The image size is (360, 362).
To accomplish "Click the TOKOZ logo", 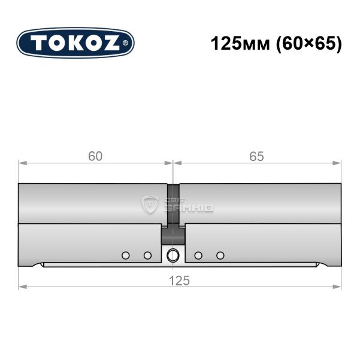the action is (75, 43).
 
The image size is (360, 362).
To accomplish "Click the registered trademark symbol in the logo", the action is (125, 43).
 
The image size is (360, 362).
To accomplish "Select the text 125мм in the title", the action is (240, 44).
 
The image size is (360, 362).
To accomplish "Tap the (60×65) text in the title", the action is (309, 44).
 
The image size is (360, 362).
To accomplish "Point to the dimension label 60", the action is (95, 156).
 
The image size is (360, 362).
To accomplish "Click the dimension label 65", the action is (256, 156).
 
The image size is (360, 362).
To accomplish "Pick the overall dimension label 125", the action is (179, 281).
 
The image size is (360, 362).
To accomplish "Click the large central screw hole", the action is (173, 255).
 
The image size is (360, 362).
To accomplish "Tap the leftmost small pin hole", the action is (125, 255).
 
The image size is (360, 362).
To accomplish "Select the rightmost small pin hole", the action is (220, 255).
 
